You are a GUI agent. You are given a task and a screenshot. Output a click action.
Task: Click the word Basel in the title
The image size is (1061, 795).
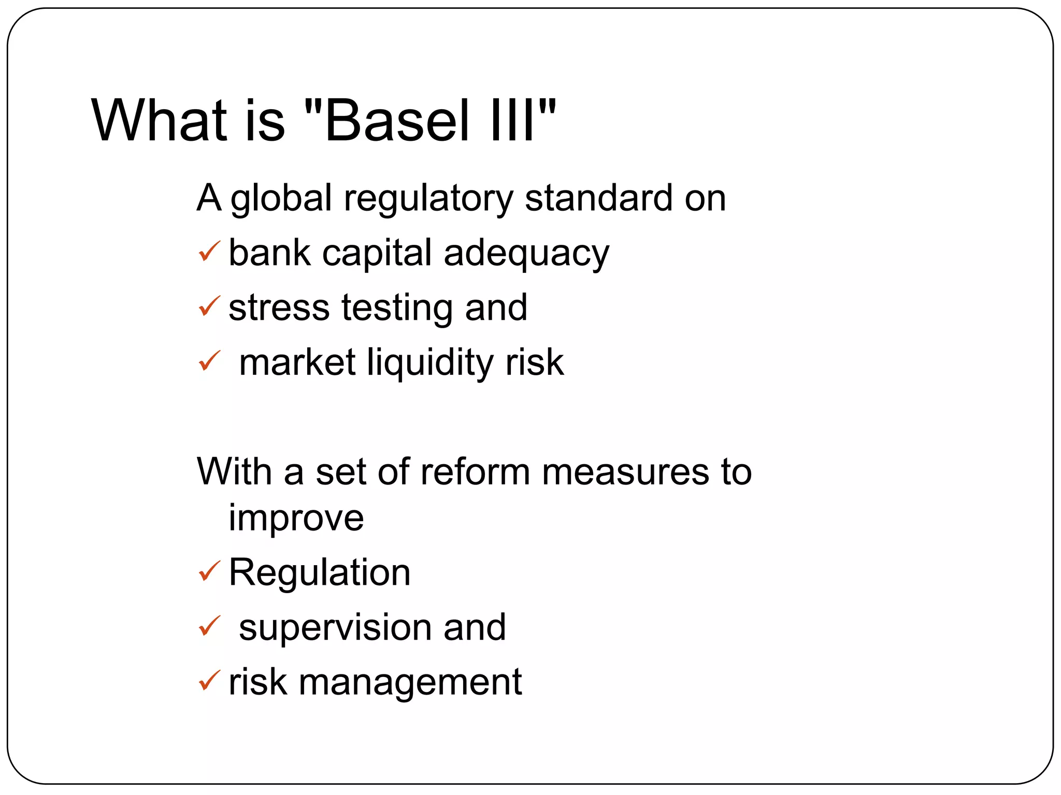396,121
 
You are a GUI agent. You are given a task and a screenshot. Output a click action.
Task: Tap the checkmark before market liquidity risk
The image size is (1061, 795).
209,361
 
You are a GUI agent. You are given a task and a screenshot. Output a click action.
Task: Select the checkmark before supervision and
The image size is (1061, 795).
209,626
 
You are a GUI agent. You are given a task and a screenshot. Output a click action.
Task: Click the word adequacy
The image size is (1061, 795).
526,254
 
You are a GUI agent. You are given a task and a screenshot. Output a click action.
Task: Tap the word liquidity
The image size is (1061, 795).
429,362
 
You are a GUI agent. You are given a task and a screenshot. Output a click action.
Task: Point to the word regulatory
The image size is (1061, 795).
428,199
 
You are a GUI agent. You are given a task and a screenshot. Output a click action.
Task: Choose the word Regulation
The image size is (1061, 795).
320,572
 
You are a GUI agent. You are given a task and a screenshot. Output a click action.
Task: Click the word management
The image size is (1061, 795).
410,683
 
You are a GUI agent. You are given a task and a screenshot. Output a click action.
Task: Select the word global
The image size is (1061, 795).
281,199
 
